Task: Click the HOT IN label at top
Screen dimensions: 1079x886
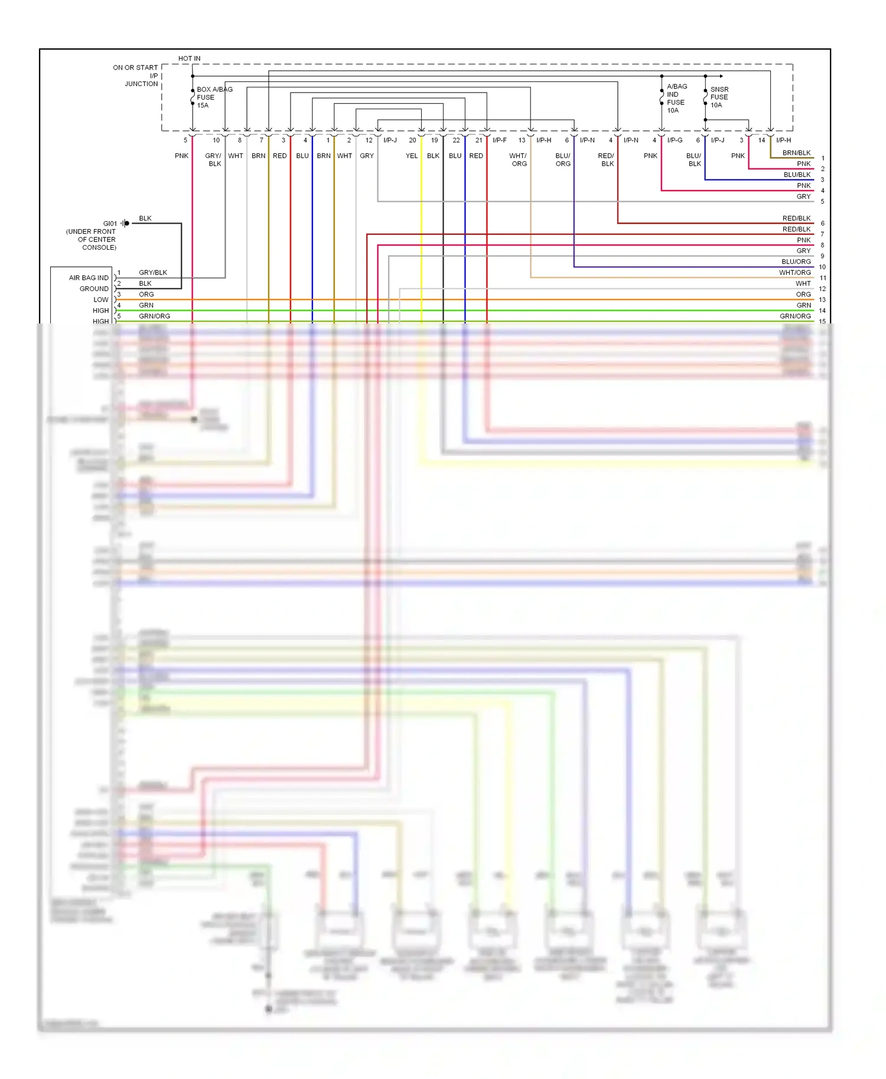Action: pos(189,58)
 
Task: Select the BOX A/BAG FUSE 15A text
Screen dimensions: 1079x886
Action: pos(214,97)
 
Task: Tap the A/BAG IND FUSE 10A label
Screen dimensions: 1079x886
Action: pos(677,98)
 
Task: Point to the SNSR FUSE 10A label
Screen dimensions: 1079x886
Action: pos(719,97)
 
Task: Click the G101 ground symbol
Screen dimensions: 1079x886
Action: pos(126,223)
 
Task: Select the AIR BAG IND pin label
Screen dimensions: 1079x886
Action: pos(89,278)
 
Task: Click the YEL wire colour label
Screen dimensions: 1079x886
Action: pos(411,156)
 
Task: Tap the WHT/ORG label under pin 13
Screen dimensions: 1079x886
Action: pos(518,160)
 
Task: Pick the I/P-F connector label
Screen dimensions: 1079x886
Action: pos(499,140)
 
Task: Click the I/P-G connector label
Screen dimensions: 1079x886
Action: pos(675,140)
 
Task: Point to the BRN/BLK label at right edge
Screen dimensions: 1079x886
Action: pos(796,153)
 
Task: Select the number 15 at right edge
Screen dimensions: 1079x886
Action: pos(822,322)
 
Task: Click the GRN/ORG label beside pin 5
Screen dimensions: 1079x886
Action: pos(154,316)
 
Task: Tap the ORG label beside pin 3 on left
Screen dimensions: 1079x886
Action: pos(146,295)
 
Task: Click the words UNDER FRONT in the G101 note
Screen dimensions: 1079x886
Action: pos(91,232)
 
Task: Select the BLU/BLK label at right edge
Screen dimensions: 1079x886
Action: pos(797,175)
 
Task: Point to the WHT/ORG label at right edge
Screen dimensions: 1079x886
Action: pos(794,273)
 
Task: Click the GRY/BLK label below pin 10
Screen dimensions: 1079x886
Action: pos(213,160)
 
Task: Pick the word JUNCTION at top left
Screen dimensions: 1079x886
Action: pos(141,84)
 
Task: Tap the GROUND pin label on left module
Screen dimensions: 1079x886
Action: pos(94,289)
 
